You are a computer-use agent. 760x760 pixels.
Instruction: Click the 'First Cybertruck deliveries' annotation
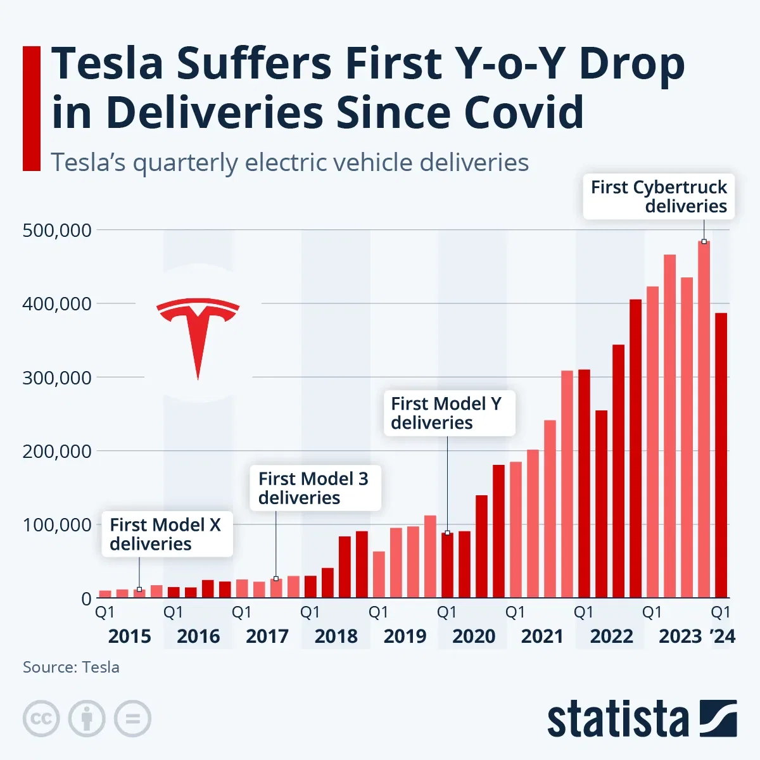click(659, 196)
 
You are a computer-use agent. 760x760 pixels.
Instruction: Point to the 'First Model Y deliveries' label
click(449, 413)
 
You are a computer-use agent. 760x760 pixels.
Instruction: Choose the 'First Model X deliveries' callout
click(167, 534)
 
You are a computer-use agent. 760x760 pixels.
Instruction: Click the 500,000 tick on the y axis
click(57, 230)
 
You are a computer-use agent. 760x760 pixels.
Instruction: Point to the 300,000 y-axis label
click(57, 377)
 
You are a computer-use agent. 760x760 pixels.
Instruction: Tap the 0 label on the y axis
click(86, 598)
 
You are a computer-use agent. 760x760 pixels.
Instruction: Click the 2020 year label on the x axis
click(473, 636)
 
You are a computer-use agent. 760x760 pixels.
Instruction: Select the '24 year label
click(723, 636)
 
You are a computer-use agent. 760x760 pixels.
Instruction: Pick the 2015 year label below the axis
click(129, 636)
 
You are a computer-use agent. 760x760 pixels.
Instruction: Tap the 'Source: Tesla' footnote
click(71, 667)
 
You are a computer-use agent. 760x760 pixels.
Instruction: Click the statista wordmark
click(617, 719)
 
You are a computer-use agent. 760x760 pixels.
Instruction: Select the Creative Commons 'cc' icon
click(41, 719)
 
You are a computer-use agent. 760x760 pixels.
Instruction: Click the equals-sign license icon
click(132, 719)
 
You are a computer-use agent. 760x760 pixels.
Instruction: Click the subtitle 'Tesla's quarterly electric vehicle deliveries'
click(289, 163)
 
